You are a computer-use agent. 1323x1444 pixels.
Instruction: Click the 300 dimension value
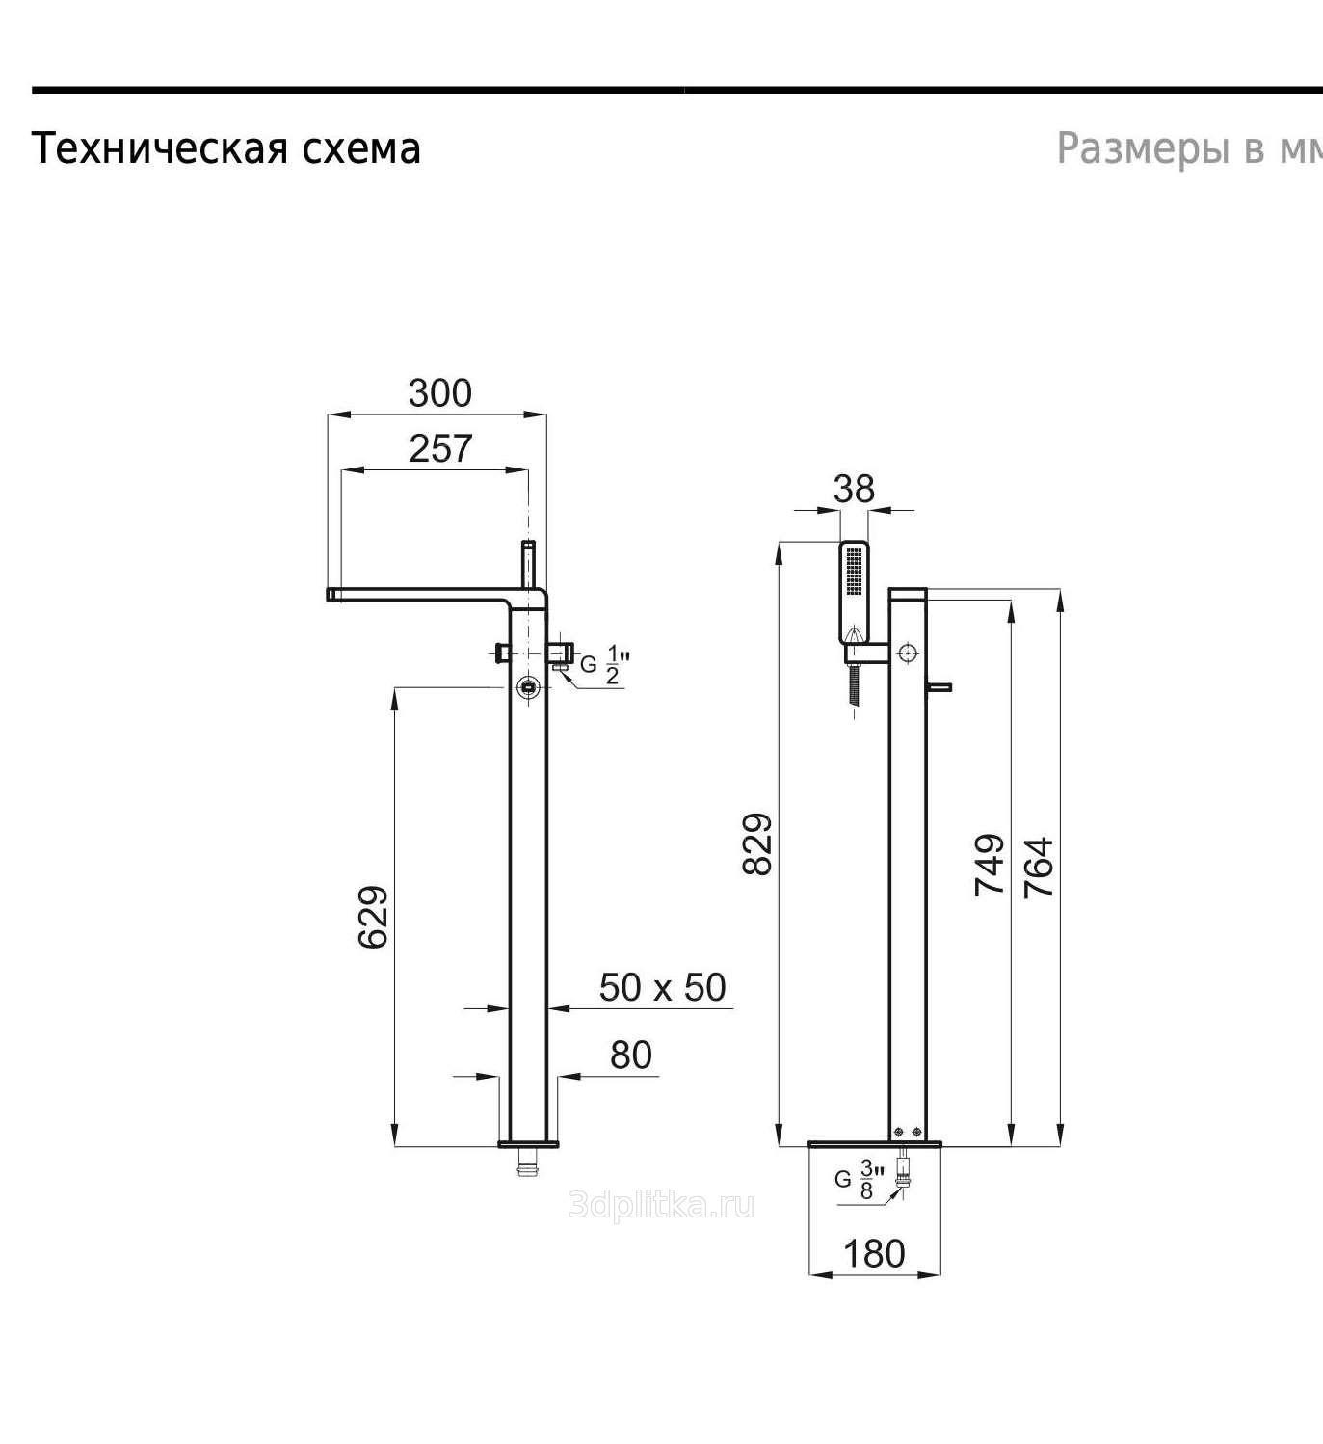point(439,393)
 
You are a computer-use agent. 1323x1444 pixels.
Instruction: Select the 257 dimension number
point(440,448)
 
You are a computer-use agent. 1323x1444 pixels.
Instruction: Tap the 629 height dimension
point(373,917)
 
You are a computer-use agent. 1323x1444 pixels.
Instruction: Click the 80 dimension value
point(630,1055)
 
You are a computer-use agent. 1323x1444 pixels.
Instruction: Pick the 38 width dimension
point(854,490)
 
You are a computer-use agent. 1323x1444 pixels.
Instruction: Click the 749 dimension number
point(989,864)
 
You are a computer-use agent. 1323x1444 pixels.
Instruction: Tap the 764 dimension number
point(1039,867)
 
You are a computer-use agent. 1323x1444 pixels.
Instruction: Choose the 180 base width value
point(874,1253)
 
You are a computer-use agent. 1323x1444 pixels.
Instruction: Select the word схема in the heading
point(360,149)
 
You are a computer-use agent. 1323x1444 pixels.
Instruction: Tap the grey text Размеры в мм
point(1189,148)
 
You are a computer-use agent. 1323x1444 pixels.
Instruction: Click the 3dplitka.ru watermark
point(661,1205)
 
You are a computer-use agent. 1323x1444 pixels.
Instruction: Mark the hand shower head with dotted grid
point(855,590)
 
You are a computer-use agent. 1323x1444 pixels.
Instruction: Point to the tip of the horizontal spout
point(329,595)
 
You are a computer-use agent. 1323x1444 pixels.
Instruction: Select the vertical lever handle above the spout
point(528,564)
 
